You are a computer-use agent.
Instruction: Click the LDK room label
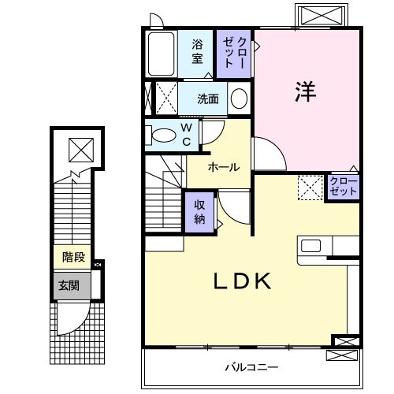click(x=242, y=281)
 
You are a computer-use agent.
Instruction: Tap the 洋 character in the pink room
click(x=306, y=91)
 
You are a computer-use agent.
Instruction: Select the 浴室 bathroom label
click(x=198, y=53)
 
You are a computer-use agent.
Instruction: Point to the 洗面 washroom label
click(x=208, y=99)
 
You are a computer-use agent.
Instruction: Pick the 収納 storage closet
click(x=199, y=210)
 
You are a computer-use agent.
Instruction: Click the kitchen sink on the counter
click(x=310, y=244)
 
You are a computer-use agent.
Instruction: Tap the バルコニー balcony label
click(x=251, y=367)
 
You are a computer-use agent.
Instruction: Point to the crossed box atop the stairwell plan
click(x=80, y=148)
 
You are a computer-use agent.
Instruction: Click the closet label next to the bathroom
click(x=236, y=52)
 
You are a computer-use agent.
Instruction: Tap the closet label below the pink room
click(x=344, y=187)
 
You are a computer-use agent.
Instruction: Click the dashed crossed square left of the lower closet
click(x=309, y=187)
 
